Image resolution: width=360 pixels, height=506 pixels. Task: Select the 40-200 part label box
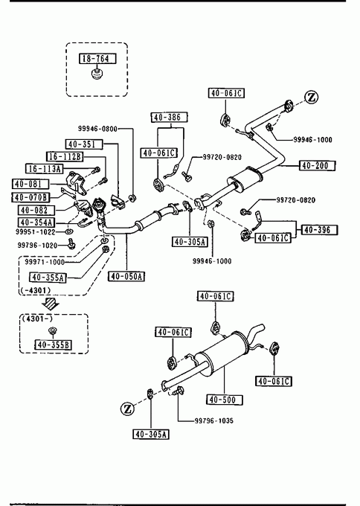click(x=318, y=165)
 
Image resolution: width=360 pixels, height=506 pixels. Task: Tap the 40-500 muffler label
click(x=225, y=400)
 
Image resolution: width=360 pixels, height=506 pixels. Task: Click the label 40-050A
click(x=126, y=276)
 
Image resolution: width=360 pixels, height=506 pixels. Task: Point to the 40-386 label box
click(x=170, y=117)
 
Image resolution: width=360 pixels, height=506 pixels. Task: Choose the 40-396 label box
click(x=319, y=230)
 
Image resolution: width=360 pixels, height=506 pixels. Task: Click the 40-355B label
click(x=53, y=345)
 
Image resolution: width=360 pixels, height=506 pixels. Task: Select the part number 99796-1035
click(x=214, y=421)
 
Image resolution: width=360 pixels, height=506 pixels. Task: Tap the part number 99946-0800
click(x=97, y=129)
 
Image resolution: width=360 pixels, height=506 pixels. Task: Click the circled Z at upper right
click(x=312, y=97)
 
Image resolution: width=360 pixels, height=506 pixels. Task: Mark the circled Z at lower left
click(x=127, y=409)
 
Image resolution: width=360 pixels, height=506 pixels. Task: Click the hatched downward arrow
click(x=51, y=304)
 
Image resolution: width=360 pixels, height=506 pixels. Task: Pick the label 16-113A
click(x=44, y=168)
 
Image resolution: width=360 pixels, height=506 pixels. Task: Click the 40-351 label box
click(x=84, y=144)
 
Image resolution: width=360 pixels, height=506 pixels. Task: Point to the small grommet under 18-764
click(x=96, y=73)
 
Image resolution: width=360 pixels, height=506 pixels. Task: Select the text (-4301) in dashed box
click(x=36, y=290)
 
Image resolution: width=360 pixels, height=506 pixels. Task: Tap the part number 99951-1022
click(x=36, y=232)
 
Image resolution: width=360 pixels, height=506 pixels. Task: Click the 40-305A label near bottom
click(x=151, y=435)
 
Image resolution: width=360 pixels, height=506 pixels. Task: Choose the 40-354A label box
click(x=36, y=222)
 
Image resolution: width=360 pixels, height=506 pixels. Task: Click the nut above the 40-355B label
click(x=52, y=331)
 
